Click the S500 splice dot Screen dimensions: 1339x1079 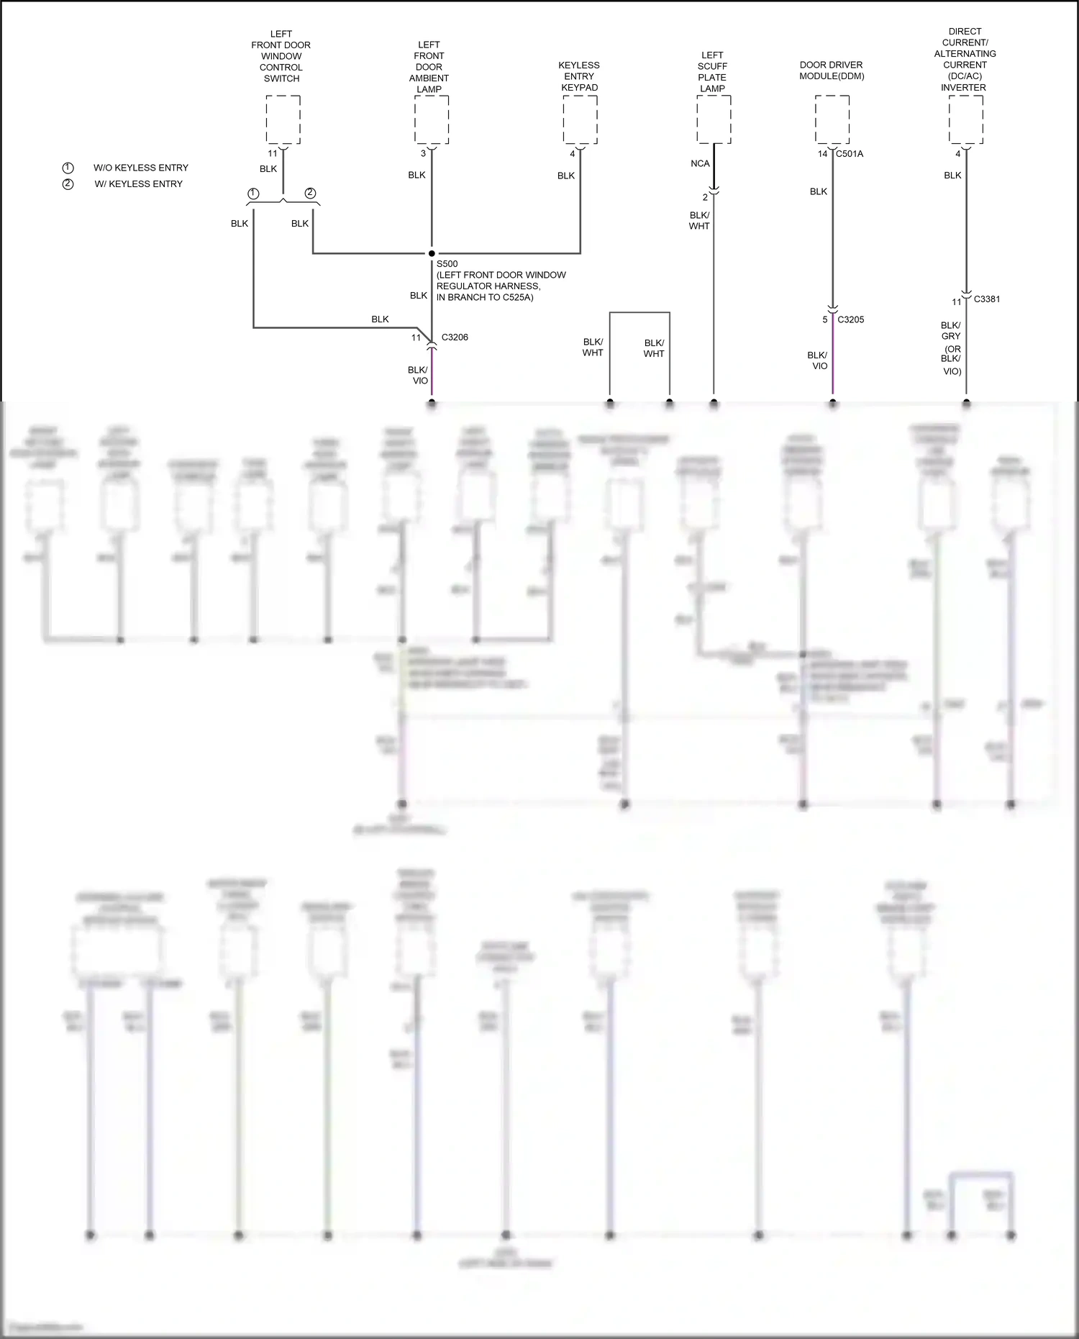coord(432,253)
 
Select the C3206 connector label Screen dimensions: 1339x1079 coord(455,337)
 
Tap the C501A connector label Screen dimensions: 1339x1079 coord(850,154)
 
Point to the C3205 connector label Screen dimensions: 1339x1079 coord(851,319)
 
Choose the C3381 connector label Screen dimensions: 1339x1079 coord(986,299)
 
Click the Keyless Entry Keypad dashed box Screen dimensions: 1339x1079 coord(580,119)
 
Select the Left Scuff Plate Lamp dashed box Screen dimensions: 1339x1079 coord(714,119)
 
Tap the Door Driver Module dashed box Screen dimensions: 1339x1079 coord(832,119)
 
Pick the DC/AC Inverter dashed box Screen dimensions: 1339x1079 coord(966,119)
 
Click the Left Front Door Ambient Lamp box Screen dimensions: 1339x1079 coord(432,119)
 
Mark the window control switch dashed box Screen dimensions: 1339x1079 coord(283,119)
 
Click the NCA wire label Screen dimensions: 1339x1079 coord(700,164)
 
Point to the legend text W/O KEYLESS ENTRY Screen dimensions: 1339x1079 coord(141,168)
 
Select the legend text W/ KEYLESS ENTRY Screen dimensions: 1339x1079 coord(139,184)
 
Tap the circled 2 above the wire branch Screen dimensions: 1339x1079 coord(310,193)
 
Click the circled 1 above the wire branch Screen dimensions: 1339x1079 coord(253,194)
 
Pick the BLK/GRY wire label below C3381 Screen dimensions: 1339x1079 coord(950,331)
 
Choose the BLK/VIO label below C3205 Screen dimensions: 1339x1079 coord(818,360)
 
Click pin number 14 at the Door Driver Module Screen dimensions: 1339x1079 coord(822,154)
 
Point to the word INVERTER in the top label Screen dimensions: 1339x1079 coord(963,88)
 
